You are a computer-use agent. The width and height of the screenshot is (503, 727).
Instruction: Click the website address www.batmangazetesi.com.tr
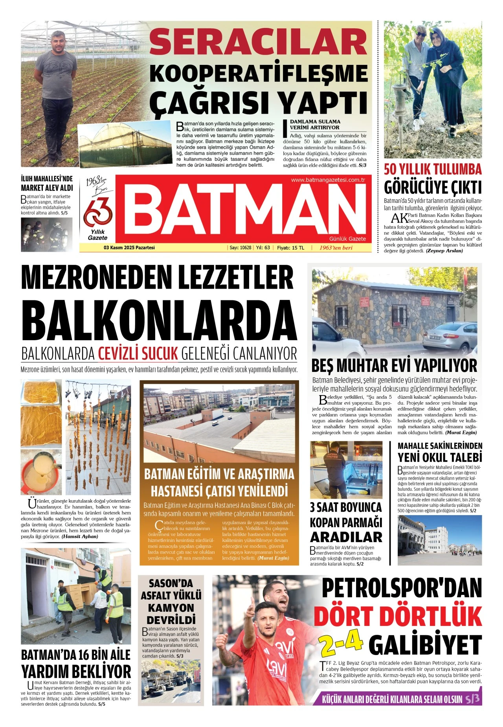(328, 180)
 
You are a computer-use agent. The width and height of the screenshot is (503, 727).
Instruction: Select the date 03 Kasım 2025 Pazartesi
(129, 248)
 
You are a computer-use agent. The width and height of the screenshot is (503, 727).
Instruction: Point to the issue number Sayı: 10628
(240, 248)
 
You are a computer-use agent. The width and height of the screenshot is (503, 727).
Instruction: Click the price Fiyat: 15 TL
(290, 248)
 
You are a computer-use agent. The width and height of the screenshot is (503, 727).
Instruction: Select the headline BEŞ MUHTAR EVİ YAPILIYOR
(394, 366)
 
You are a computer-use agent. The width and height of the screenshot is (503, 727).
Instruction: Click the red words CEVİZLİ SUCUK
(138, 353)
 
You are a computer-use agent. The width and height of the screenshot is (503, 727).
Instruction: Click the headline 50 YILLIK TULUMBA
(433, 169)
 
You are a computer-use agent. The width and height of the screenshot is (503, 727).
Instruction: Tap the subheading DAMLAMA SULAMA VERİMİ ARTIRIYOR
(315, 125)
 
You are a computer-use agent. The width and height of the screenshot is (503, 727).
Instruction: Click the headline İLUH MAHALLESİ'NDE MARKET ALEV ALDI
(47, 183)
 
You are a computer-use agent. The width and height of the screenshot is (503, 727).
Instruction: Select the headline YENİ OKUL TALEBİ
(439, 458)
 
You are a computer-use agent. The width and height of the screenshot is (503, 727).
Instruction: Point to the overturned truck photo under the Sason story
(171, 684)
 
